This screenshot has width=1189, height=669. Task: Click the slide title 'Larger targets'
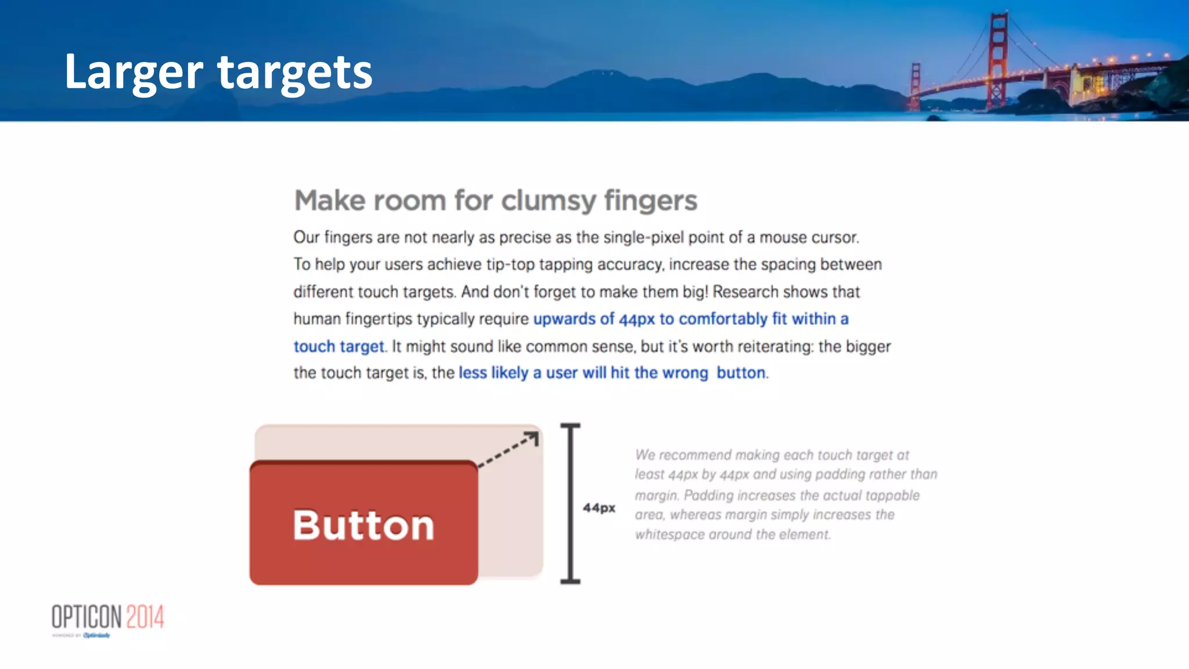(218, 72)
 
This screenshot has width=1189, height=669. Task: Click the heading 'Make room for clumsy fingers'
(495, 201)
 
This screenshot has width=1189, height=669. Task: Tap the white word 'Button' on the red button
(363, 525)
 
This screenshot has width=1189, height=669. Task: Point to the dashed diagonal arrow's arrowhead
(532, 437)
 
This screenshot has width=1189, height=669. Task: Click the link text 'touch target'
(338, 346)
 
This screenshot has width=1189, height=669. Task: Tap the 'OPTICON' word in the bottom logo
(87, 617)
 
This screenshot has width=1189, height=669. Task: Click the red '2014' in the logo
(145, 617)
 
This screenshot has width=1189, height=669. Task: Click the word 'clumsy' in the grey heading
(549, 201)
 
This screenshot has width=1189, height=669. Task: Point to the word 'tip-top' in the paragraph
(510, 265)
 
